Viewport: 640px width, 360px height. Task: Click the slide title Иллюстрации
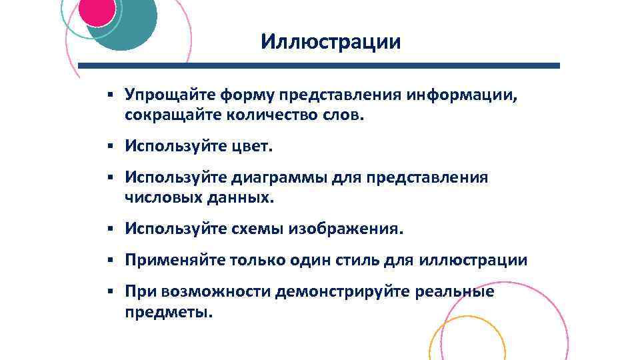(331, 42)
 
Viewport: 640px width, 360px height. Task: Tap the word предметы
(167, 311)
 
